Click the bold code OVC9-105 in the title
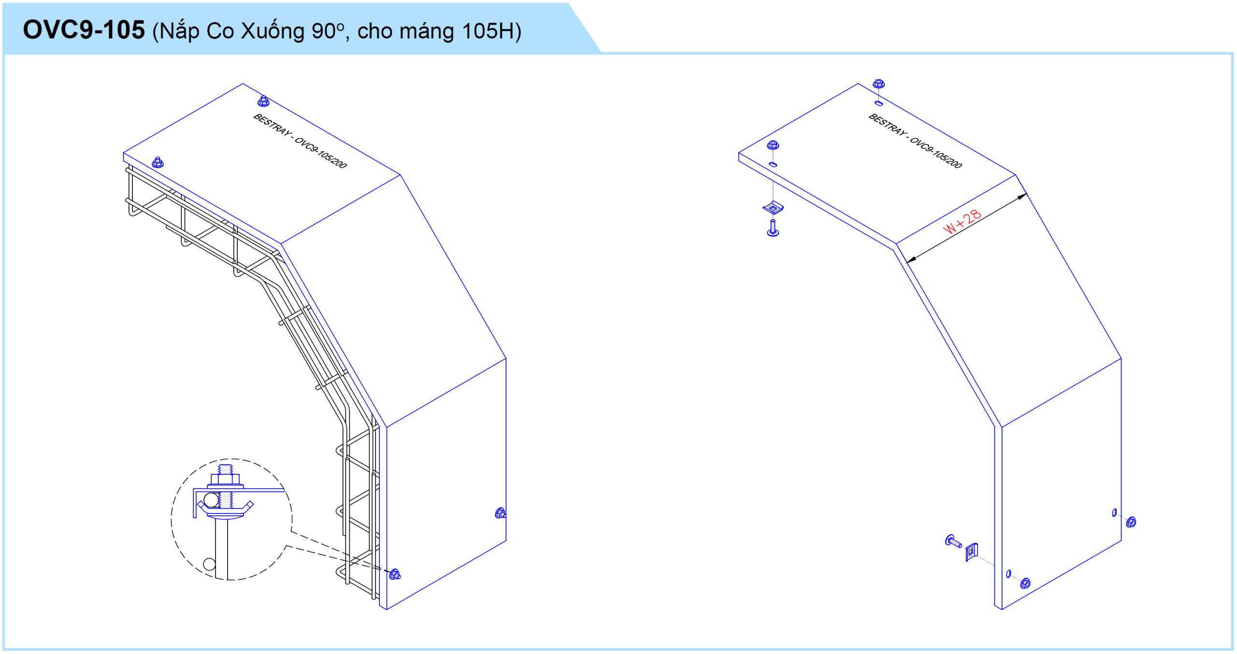[x=84, y=30]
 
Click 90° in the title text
[x=328, y=31]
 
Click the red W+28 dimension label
[x=962, y=222]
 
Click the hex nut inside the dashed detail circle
[x=225, y=479]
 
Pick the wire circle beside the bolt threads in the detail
[x=211, y=500]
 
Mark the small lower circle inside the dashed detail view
[x=209, y=564]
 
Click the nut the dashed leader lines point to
[x=395, y=574]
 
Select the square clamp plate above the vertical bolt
[x=773, y=208]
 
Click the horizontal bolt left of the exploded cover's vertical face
[x=953, y=541]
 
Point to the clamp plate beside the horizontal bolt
[x=972, y=552]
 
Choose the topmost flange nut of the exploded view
[x=878, y=84]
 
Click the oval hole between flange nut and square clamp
[x=773, y=165]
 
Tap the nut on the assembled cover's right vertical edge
[x=501, y=513]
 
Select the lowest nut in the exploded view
[x=1025, y=583]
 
